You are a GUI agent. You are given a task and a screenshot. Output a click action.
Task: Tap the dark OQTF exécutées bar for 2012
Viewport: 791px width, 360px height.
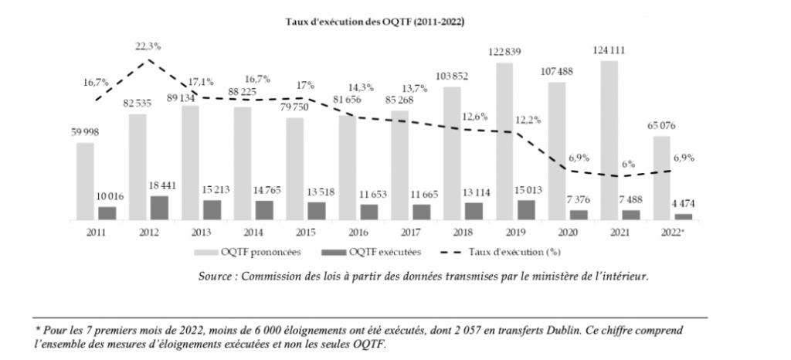click(158, 207)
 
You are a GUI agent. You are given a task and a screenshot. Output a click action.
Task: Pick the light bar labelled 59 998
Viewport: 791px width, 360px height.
click(85, 181)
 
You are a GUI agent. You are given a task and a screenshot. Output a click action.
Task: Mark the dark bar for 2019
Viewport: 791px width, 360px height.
click(525, 209)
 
